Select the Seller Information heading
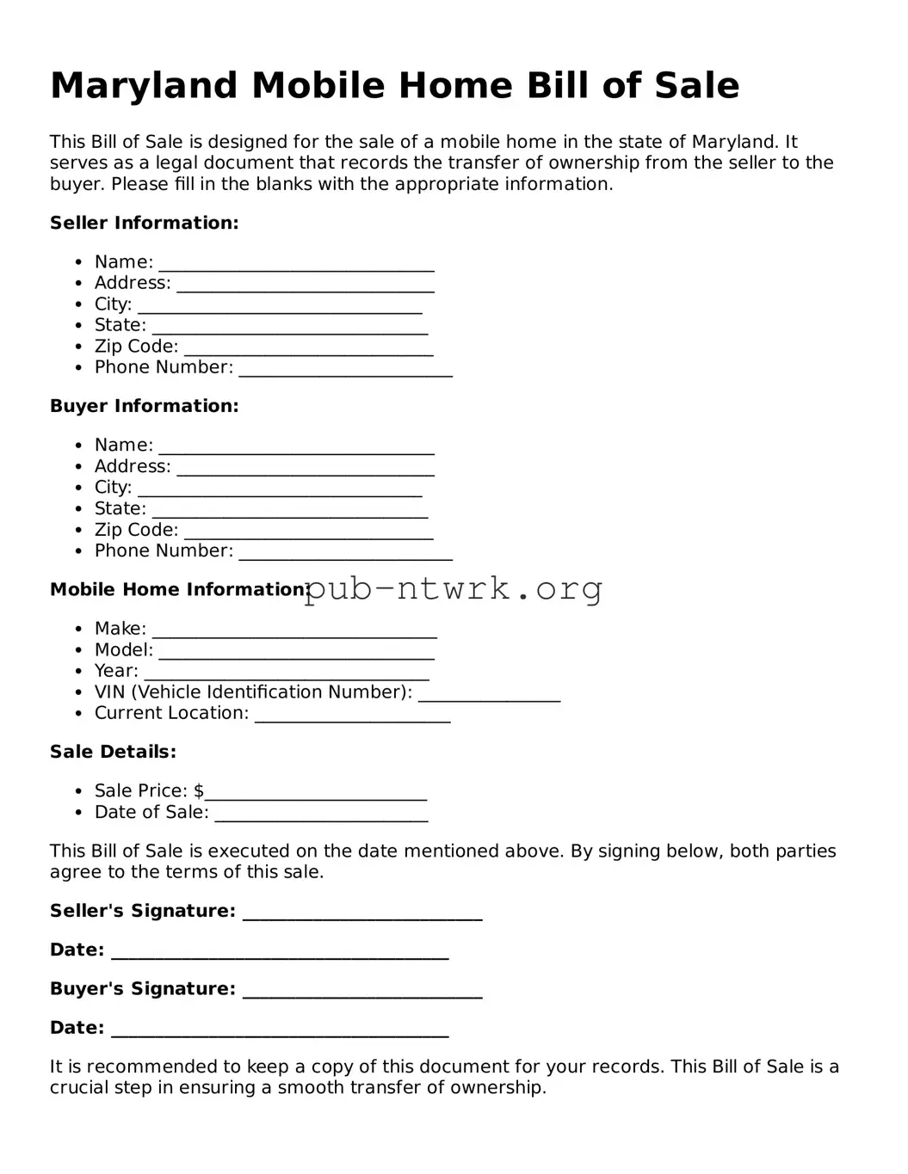pyautogui.click(x=144, y=223)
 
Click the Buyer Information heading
pyautogui.click(x=144, y=406)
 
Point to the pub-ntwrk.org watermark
pyautogui.click(x=453, y=589)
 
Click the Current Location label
pyautogui.click(x=171, y=713)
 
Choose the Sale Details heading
pyautogui.click(x=113, y=752)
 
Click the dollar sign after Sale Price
pyautogui.click(x=199, y=790)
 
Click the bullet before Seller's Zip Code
pyautogui.click(x=78, y=347)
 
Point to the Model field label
pyautogui.click(x=123, y=650)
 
